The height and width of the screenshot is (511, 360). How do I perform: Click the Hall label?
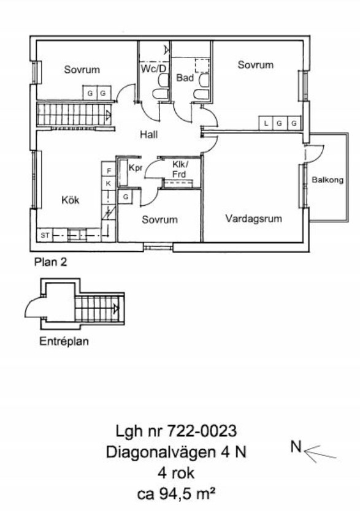148,134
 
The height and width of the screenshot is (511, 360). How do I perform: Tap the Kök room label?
70,200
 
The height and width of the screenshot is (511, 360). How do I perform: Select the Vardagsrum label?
254,218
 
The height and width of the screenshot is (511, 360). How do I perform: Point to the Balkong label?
327,180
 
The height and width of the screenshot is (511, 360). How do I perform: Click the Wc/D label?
153,69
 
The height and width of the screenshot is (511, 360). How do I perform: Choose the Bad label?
185,78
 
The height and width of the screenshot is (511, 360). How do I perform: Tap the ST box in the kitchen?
45,235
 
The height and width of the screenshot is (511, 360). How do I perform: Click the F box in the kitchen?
109,171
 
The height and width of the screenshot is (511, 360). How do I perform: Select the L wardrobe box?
266,123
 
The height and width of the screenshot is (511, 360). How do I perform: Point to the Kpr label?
136,168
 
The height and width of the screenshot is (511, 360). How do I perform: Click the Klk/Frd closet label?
180,169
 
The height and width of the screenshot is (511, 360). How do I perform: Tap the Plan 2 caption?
50,262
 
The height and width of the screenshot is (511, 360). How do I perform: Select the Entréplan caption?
64,341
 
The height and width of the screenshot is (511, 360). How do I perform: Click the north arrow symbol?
320,453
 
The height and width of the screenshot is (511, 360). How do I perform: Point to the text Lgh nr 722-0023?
176,431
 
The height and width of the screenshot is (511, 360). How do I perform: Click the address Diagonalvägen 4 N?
176,452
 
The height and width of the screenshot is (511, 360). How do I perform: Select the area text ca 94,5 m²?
176,494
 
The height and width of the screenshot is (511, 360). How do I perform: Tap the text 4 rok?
176,473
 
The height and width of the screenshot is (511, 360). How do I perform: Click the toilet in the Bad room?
202,86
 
